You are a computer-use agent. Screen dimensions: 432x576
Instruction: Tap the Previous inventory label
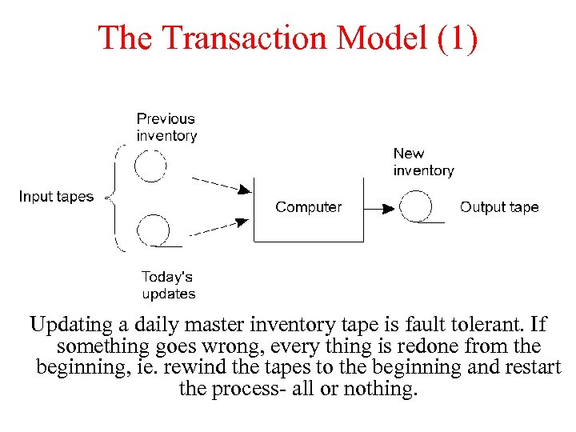(166, 127)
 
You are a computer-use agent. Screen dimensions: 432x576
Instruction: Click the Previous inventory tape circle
(150, 166)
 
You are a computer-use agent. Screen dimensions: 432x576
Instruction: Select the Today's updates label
(168, 285)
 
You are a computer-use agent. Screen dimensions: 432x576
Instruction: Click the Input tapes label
(56, 197)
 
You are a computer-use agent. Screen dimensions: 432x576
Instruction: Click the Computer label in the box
(308, 207)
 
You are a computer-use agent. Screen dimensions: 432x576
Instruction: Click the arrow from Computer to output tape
(382, 208)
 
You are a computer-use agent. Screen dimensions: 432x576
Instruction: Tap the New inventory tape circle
(416, 206)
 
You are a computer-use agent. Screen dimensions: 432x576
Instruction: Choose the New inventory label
(423, 162)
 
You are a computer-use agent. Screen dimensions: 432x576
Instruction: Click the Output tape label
(499, 207)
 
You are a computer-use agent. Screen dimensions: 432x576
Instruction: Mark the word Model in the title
(382, 38)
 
